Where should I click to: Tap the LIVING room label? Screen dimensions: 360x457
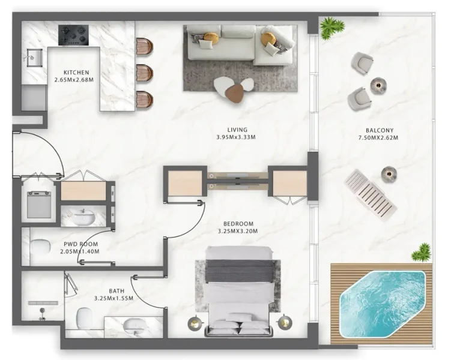(237, 130)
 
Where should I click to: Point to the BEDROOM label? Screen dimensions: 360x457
(236, 224)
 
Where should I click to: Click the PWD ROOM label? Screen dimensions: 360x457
(81, 244)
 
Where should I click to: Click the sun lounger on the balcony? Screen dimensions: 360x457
(371, 193)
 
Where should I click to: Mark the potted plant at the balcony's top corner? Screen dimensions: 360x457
(331, 27)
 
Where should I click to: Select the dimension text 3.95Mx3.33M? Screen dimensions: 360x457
(237, 137)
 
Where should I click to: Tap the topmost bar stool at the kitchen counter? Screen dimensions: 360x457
(144, 46)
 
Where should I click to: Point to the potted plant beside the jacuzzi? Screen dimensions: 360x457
(422, 253)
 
